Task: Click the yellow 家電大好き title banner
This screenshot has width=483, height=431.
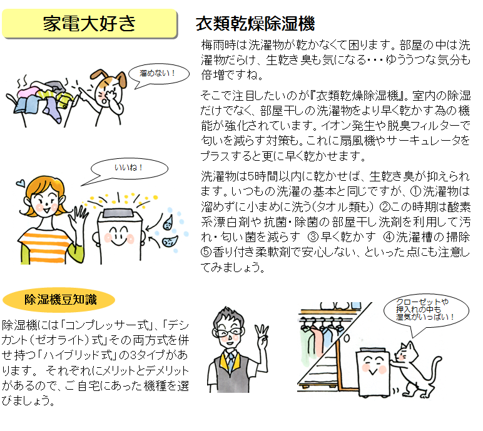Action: [89, 23]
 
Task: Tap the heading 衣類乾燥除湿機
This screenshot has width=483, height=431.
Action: [255, 24]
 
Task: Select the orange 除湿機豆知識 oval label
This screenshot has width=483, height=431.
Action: [60, 300]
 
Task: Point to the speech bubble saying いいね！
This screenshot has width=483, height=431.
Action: [129, 168]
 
